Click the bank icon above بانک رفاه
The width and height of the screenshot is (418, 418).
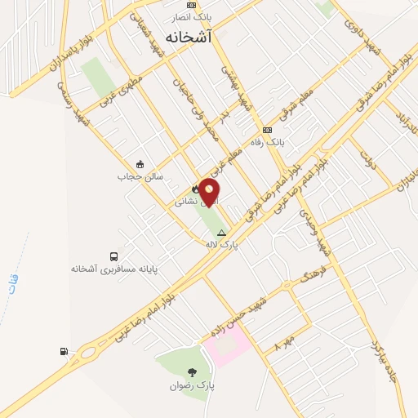point(267,131)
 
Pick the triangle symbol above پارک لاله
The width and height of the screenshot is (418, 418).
point(220,233)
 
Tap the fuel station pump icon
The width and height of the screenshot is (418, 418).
point(63,352)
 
